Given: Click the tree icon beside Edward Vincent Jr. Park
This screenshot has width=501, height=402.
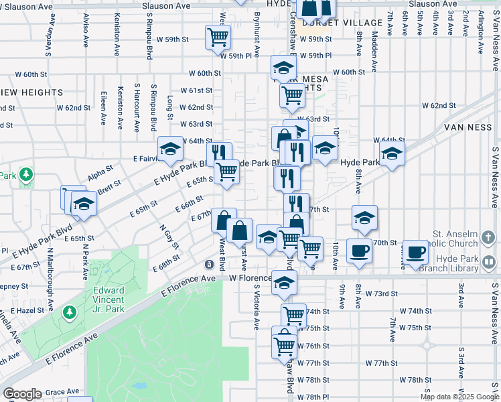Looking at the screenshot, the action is (70, 312).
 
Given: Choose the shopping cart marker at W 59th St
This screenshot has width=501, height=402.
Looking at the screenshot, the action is (218, 38).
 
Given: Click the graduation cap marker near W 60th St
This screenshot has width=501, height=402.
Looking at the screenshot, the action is (283, 67).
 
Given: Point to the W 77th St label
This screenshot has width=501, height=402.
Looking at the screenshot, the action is (381, 362).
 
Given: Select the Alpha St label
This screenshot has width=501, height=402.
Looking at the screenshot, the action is (100, 174).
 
